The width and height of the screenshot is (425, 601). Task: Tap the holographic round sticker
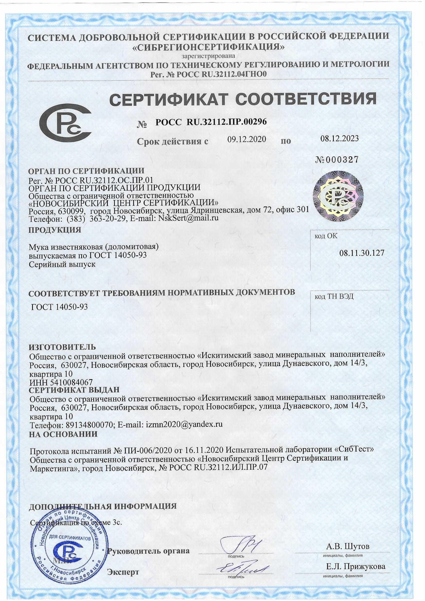[338, 197]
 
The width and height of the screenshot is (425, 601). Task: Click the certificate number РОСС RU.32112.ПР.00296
[211, 122]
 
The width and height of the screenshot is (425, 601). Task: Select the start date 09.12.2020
[246, 139]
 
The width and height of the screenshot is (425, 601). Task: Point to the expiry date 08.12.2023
[339, 139]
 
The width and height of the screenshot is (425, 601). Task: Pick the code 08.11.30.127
[362, 253]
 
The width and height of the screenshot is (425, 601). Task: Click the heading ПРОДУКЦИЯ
[55, 230]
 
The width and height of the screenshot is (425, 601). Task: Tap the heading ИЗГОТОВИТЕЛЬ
[62, 347]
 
